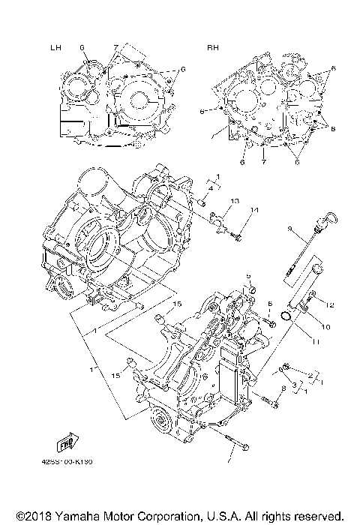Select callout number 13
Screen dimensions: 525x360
234,201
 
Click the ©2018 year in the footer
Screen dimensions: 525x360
29,516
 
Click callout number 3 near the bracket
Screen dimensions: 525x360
294,384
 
